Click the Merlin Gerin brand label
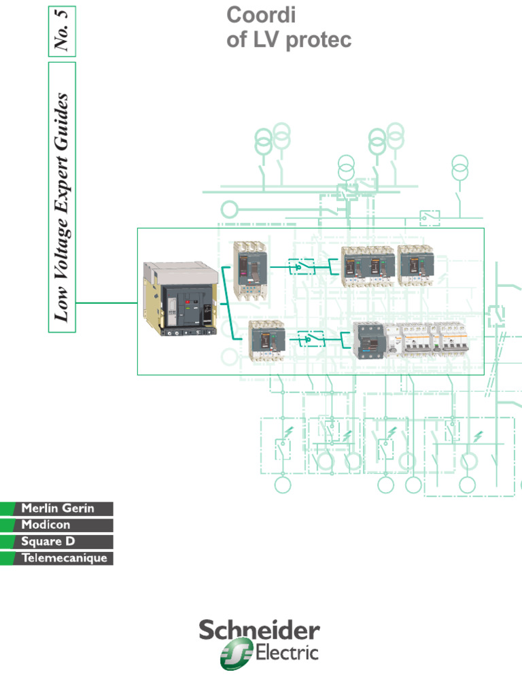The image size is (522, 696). click(57, 508)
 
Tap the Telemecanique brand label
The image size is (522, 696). click(64, 559)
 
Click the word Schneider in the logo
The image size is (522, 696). click(259, 631)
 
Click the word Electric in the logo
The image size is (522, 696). click(286, 655)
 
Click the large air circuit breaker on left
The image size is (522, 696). click(180, 298)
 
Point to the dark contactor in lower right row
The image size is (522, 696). click(369, 340)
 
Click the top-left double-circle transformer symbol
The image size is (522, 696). click(264, 143)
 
